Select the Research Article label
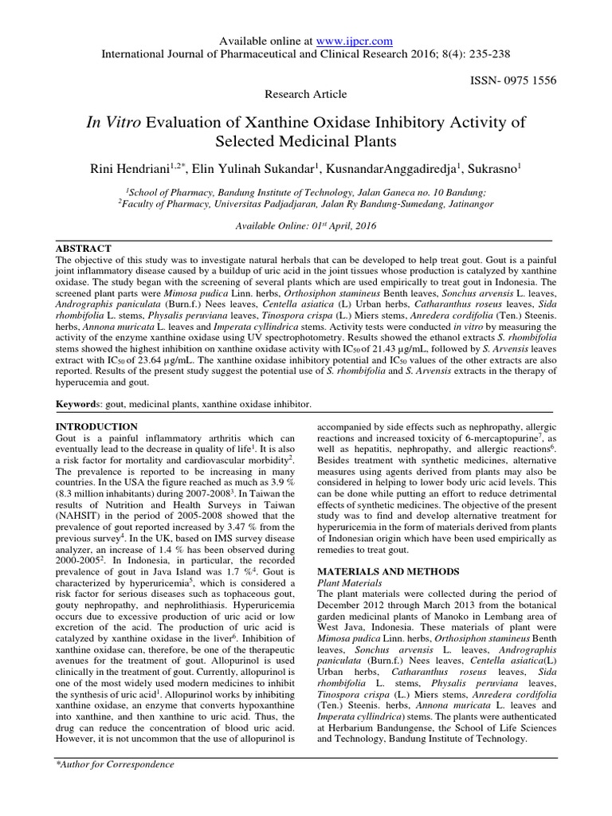[306, 94]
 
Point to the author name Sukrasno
[491, 168]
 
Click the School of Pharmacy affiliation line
[306, 191]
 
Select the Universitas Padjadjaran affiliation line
[306, 204]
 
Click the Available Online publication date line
[306, 226]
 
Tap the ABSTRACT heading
[83, 249]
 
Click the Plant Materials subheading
[350, 583]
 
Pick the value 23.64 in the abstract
[155, 363]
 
